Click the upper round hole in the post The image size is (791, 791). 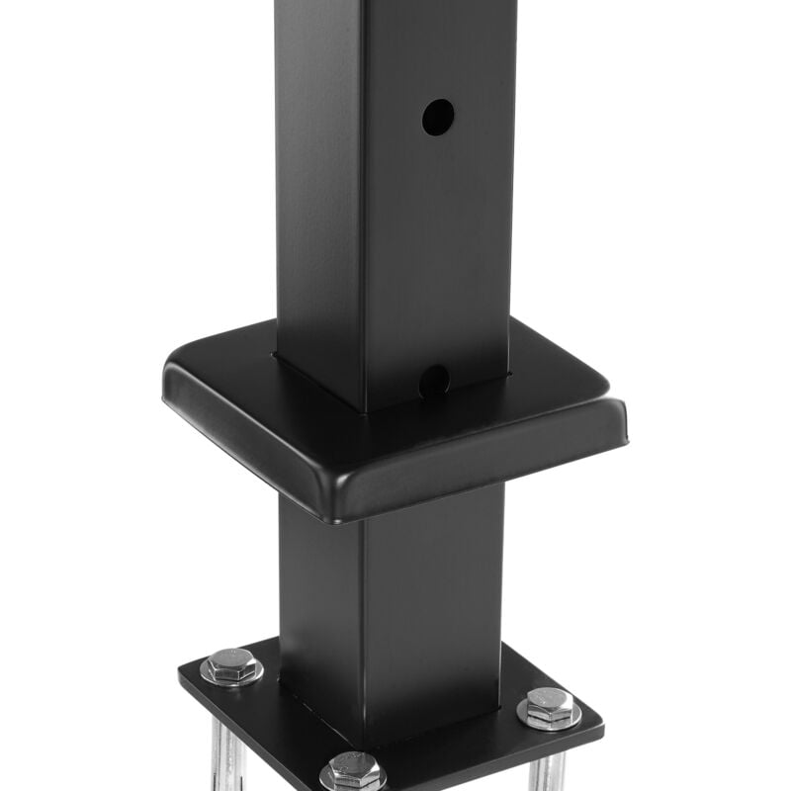point(438,118)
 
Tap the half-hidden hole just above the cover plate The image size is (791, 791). point(434,379)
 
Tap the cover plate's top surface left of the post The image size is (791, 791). point(237,371)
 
